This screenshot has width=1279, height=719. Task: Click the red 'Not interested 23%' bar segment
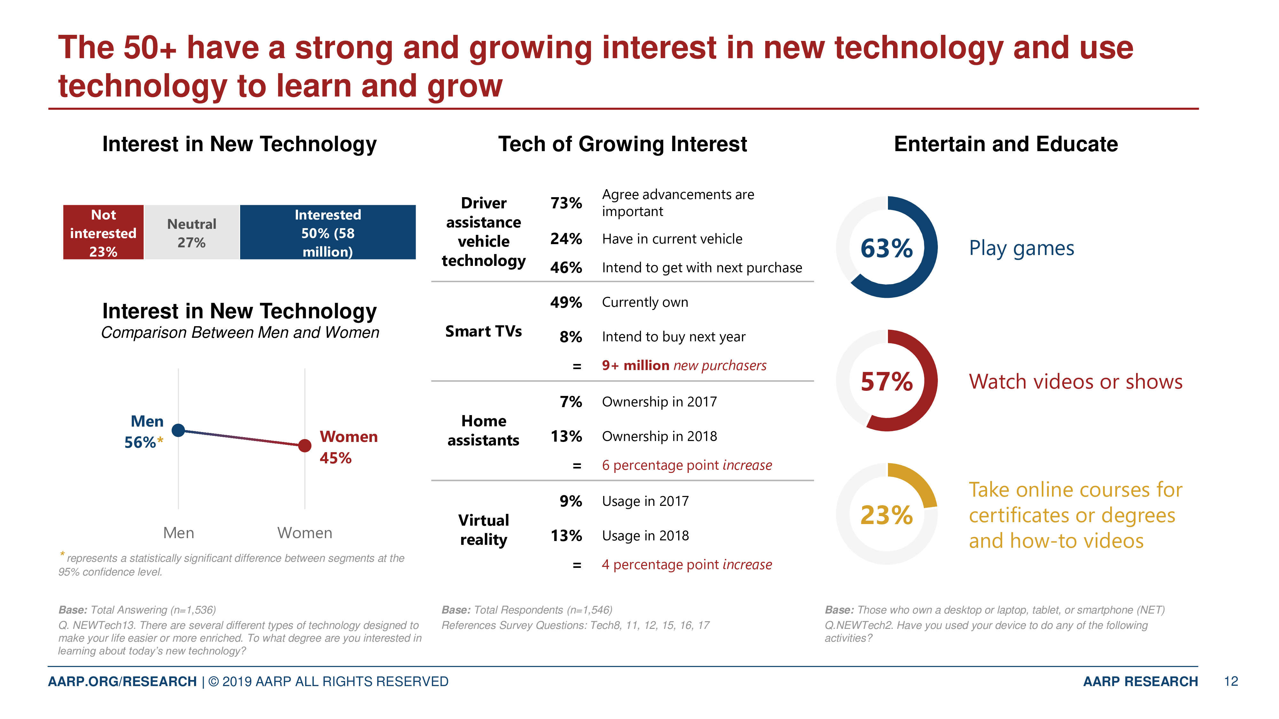103,232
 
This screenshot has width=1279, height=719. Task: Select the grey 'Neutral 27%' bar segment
192,232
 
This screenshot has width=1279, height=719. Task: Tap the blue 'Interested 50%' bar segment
328,232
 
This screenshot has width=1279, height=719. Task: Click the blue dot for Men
178,430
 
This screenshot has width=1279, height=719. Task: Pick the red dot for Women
305,445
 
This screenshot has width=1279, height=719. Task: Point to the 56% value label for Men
140,442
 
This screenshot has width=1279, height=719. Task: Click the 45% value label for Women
336,458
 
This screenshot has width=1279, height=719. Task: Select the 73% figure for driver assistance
566,203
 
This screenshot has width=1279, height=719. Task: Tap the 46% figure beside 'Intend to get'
566,267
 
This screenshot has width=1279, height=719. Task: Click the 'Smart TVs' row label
483,331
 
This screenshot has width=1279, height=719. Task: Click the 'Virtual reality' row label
483,530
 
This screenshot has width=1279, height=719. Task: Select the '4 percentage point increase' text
687,565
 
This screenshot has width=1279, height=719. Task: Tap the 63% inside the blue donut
887,248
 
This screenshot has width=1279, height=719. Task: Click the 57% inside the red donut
887,382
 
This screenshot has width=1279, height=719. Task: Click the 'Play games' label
1021,248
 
